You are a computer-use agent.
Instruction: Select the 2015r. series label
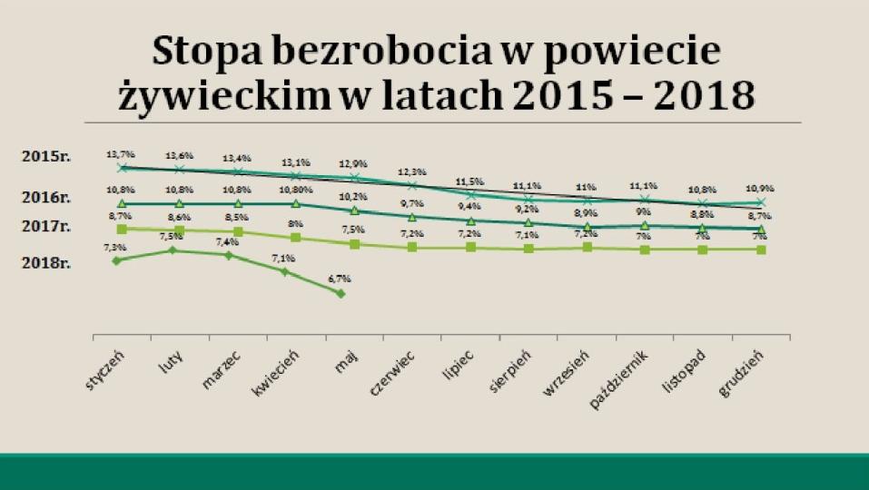point(46,156)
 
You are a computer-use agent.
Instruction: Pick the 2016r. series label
point(46,197)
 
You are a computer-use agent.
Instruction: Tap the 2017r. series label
point(46,227)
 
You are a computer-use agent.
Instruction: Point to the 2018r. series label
point(46,263)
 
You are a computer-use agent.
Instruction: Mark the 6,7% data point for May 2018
point(341,293)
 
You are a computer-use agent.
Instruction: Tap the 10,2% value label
point(354,196)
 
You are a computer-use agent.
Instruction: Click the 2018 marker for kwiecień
point(285,270)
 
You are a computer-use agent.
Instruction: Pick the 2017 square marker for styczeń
point(122,230)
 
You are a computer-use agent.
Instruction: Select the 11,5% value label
point(470,181)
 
